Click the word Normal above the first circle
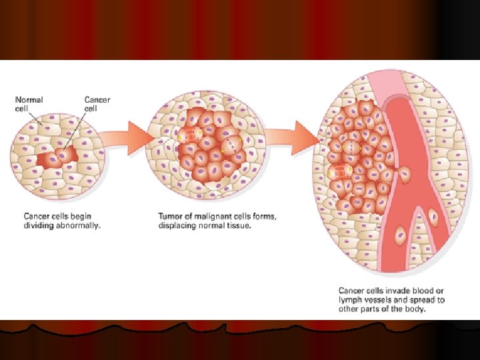[29, 100]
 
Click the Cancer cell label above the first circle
[97, 104]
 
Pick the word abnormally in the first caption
[79, 225]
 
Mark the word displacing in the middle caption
[178, 225]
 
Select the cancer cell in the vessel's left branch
[401, 235]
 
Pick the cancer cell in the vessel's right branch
[432, 216]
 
